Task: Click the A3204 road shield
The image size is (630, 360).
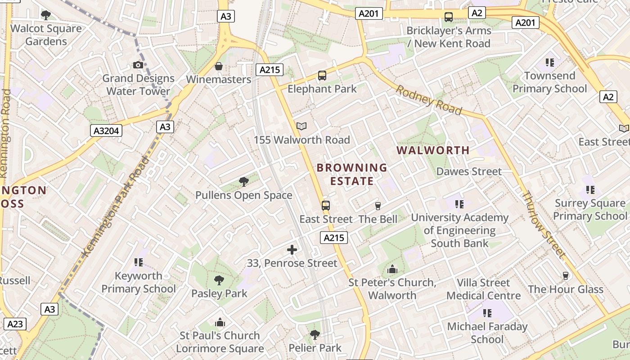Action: (106, 131)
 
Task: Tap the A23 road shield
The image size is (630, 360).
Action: (15, 324)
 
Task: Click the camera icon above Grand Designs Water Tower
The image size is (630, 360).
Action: (138, 65)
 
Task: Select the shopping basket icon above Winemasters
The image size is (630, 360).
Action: (219, 67)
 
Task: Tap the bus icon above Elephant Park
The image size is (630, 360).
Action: (322, 76)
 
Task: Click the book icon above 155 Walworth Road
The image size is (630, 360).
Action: (301, 126)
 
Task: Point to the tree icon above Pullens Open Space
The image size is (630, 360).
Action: (244, 182)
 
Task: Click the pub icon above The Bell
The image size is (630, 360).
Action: (378, 206)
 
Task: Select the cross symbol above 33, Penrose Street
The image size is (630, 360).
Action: (292, 250)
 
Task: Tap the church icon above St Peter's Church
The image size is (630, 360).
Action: (392, 270)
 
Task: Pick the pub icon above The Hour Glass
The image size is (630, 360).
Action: (566, 276)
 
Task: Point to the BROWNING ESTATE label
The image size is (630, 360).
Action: (352, 175)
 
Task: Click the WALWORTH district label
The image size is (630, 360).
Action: (433, 150)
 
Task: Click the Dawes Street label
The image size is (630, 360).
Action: (469, 171)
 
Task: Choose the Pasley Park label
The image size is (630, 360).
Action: (219, 294)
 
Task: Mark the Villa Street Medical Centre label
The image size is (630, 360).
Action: (483, 289)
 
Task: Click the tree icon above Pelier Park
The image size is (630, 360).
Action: (315, 335)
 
